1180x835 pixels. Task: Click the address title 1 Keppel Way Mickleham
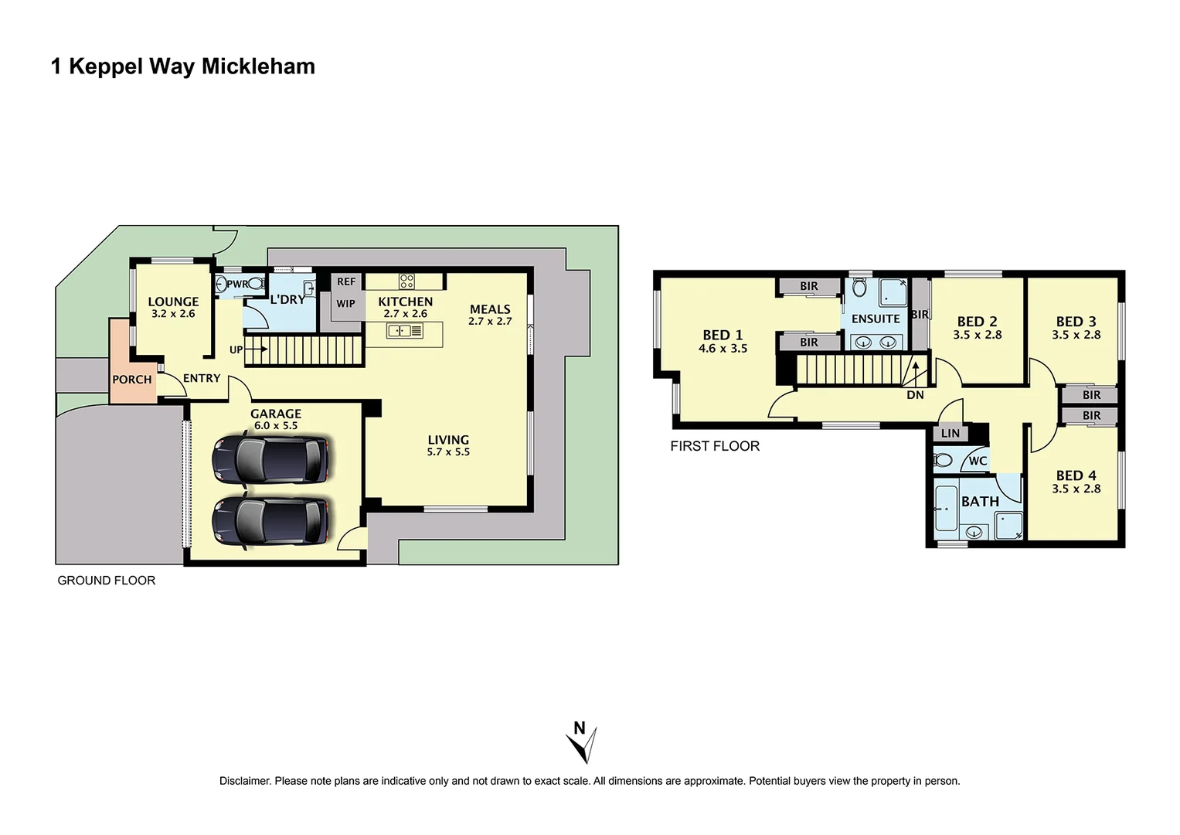(x=183, y=66)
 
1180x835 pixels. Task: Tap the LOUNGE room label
(x=173, y=302)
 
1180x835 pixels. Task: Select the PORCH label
(x=132, y=380)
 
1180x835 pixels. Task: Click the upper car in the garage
(x=270, y=459)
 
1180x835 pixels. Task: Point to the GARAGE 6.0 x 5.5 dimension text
(x=276, y=426)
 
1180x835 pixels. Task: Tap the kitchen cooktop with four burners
(x=406, y=281)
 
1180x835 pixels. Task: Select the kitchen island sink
(x=405, y=331)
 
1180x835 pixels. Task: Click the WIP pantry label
(x=345, y=304)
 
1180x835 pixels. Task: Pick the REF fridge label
(x=346, y=281)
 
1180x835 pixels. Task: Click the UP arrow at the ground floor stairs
(x=258, y=349)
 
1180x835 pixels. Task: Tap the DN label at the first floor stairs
(x=915, y=395)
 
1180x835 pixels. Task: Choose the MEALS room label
(x=490, y=309)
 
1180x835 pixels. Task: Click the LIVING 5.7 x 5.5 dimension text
(x=448, y=452)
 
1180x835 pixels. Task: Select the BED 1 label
(x=723, y=335)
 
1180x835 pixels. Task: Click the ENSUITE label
(x=876, y=319)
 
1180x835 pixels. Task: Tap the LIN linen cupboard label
(x=950, y=434)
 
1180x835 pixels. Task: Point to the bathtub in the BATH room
(x=946, y=509)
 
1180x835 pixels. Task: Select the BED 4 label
(x=1076, y=475)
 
